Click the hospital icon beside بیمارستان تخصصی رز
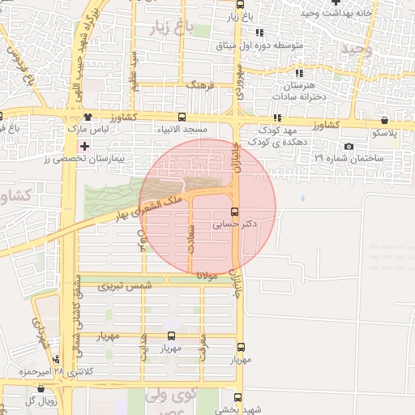tap(84, 146)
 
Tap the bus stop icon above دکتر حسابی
tap(235, 212)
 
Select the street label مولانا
tap(207, 276)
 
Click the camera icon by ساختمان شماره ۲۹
tap(349, 147)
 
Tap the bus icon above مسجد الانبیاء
tap(181, 117)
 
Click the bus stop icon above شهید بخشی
tap(237, 398)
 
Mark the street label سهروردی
tap(240, 82)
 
